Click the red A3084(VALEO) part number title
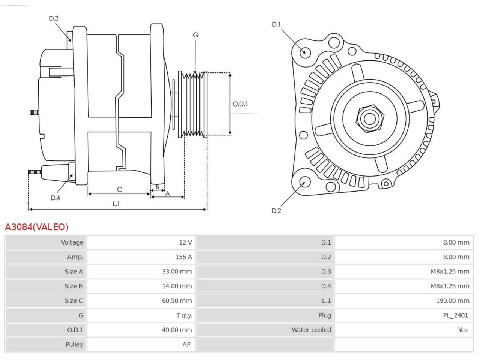pyautogui.click(x=37, y=227)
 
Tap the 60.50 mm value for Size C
pyautogui.click(x=177, y=300)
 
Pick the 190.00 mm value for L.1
pyautogui.click(x=453, y=300)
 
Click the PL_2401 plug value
pyautogui.click(x=455, y=315)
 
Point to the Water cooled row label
pyautogui.click(x=311, y=330)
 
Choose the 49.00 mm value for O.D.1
pyautogui.click(x=177, y=330)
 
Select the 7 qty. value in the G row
pyautogui.click(x=184, y=315)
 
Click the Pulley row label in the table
pyautogui.click(x=74, y=344)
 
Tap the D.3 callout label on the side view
pyautogui.click(x=54, y=18)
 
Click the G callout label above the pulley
pyautogui.click(x=196, y=35)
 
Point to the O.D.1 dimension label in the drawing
pyautogui.click(x=240, y=104)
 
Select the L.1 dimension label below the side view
pyautogui.click(x=116, y=204)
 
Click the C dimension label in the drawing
pyautogui.click(x=119, y=189)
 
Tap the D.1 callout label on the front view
pyautogui.click(x=276, y=24)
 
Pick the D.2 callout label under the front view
pyautogui.click(x=276, y=211)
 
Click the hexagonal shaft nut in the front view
pyautogui.click(x=370, y=119)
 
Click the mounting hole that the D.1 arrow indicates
pyautogui.click(x=305, y=52)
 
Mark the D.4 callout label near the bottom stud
pyautogui.click(x=55, y=198)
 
